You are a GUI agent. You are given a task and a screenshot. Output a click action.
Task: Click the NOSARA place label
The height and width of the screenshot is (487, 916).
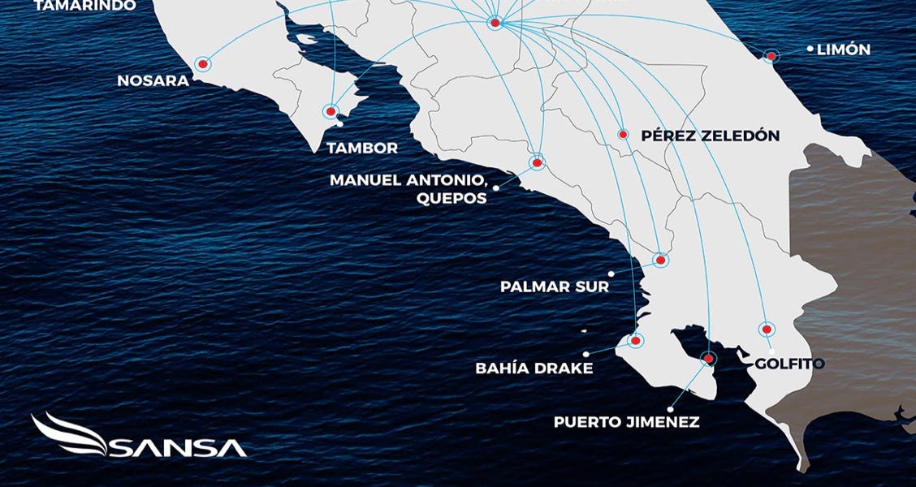point(153,81)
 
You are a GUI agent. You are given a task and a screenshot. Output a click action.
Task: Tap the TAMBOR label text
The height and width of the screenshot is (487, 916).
point(361,149)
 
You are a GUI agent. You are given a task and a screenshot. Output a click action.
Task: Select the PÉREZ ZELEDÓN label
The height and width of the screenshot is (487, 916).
point(710,136)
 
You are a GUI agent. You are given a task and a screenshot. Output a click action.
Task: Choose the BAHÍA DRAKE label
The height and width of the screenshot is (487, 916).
point(534,368)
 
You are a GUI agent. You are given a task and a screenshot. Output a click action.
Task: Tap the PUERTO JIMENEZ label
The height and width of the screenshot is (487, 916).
point(626,422)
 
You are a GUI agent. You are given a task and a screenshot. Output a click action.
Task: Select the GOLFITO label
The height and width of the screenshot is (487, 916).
point(789,364)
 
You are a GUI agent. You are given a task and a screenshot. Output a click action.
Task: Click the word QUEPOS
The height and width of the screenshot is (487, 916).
point(453,198)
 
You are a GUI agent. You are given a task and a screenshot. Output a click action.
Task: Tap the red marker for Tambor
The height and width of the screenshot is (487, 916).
point(331,111)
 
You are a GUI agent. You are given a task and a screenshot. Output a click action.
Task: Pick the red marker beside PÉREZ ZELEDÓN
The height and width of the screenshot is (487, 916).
point(623,135)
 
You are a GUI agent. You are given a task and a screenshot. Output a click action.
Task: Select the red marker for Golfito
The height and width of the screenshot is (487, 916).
point(765,329)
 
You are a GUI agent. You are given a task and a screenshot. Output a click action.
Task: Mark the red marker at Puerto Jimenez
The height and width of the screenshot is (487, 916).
point(709,358)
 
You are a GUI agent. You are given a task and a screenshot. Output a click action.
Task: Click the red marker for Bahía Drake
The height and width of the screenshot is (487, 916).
point(635,341)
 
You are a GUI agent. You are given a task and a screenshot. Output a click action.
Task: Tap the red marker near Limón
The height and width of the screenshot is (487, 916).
point(771,55)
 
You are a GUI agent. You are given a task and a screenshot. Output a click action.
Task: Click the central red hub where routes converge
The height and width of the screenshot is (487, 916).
point(495,23)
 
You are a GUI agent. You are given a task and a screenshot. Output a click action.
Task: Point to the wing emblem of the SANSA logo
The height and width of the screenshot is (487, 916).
point(68,434)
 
